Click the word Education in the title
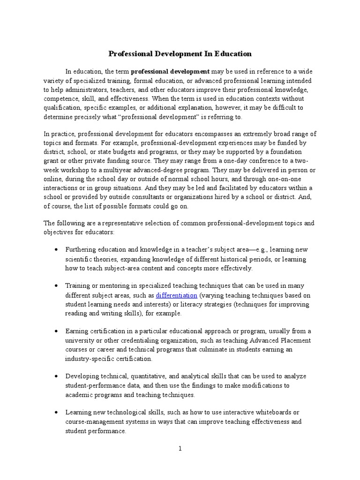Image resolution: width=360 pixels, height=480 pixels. pyautogui.click(x=233, y=54)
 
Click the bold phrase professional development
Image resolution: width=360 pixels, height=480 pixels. pyautogui.click(x=170, y=72)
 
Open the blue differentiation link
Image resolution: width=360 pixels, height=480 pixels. pyautogui.click(x=176, y=295)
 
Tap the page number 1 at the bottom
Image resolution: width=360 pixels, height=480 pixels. pyautogui.click(x=180, y=449)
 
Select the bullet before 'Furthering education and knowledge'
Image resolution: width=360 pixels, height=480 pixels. pyautogui.click(x=56, y=249)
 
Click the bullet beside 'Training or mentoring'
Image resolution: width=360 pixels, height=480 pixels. pyautogui.click(x=56, y=285)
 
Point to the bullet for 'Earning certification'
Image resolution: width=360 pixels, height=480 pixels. pyautogui.click(x=56, y=331)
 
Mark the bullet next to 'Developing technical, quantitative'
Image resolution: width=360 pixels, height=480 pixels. pyautogui.click(x=56, y=376)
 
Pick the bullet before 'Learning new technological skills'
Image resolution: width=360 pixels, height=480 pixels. pyautogui.click(x=56, y=412)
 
